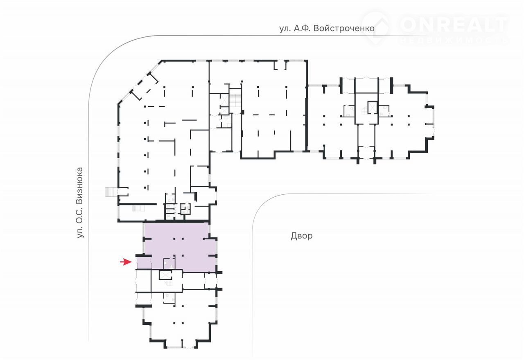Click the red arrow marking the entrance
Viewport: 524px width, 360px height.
126,262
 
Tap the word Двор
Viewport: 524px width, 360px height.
302,236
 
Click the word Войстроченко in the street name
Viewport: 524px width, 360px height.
344,29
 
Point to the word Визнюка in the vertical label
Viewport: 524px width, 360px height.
80,186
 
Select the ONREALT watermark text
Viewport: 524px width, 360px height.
453,24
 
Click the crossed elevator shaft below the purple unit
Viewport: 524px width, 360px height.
165,275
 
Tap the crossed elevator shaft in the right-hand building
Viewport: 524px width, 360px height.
372,107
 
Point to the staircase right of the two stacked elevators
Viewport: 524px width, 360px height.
235,101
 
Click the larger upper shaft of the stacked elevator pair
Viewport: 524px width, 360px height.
224,99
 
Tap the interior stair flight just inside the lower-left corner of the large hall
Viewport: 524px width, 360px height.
138,208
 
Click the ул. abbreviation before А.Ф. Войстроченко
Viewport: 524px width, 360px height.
285,29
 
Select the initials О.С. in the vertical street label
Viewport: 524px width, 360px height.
80,216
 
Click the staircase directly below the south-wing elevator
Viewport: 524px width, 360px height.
169,283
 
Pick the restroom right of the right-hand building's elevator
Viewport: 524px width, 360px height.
384,111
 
